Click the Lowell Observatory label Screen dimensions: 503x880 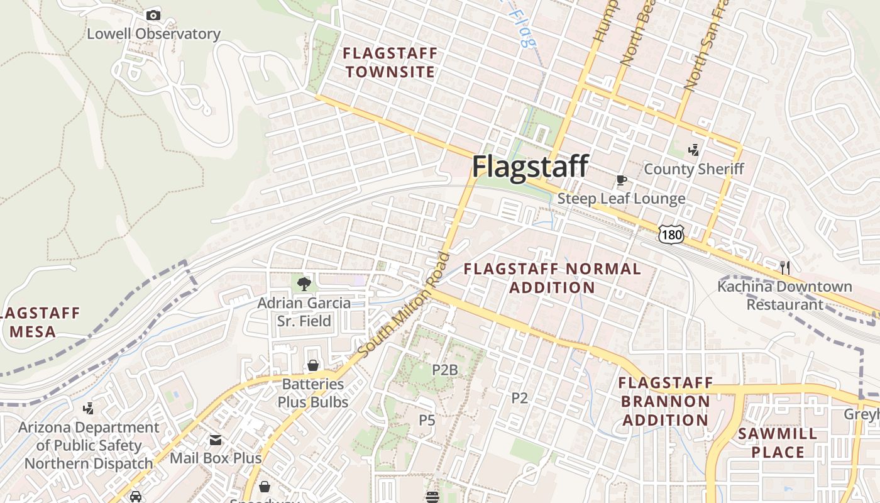pos(153,34)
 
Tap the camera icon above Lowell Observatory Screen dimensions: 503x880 pos(153,15)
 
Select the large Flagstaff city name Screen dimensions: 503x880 pos(530,167)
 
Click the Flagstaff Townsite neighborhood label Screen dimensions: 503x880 pos(390,63)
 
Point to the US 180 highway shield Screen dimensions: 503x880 pos(671,234)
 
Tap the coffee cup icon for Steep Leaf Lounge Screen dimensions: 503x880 pos(622,181)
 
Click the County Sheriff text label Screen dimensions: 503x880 pos(694,169)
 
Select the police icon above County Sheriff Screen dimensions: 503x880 pos(694,150)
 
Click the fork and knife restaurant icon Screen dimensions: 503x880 pos(784,268)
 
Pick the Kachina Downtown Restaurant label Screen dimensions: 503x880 pos(784,296)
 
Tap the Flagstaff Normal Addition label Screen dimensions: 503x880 pos(552,278)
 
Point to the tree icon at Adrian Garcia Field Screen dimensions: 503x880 pos(304,284)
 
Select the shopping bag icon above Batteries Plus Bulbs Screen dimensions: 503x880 pos(312,365)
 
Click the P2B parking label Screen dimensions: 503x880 pos(444,370)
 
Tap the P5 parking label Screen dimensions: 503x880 pos(427,419)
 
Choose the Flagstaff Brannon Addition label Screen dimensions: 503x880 pos(666,401)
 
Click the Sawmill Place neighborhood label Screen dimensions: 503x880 pos(778,443)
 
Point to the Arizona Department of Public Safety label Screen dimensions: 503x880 pos(89,445)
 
